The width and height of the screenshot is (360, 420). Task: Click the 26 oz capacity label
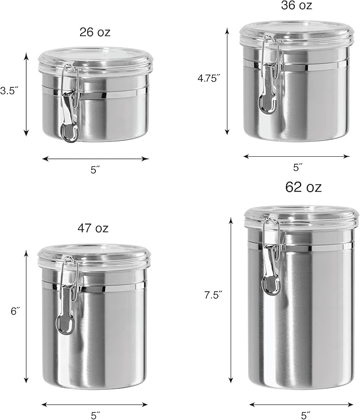point(95,32)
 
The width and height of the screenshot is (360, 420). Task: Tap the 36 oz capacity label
point(296,5)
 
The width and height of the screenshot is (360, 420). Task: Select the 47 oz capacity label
point(93,228)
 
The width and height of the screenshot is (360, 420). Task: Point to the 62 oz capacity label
point(303,187)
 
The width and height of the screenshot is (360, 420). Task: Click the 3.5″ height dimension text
point(9,91)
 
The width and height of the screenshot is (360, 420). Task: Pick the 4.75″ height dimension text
point(209,78)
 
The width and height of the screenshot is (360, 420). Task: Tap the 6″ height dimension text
point(15,311)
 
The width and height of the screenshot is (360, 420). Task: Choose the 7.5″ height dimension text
point(214,295)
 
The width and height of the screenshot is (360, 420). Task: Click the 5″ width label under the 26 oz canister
point(95,170)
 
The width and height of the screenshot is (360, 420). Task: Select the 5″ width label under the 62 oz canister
point(305,415)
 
